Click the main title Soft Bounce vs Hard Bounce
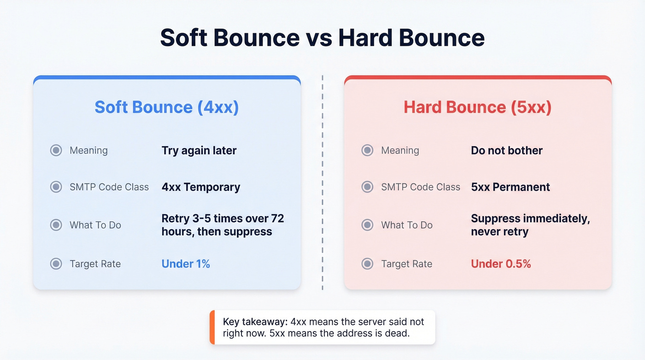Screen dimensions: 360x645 tap(322, 38)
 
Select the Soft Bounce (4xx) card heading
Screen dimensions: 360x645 tap(167, 107)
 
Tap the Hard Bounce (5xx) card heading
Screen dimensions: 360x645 tap(477, 107)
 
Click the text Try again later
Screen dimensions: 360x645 tap(199, 150)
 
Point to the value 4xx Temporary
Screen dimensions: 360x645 tap(201, 187)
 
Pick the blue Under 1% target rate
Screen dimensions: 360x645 tap(186, 264)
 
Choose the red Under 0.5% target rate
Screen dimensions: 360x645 tap(501, 264)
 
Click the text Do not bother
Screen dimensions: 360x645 tap(507, 150)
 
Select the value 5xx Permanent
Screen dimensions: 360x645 tap(510, 187)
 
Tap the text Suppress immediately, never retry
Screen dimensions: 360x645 tap(530, 225)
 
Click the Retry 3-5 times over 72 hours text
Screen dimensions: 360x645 tap(223, 225)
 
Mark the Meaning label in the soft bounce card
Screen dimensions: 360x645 tap(88, 150)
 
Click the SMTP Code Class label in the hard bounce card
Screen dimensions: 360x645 tap(421, 187)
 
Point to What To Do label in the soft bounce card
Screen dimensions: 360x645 tap(95, 225)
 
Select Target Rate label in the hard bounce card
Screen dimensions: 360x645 tap(407, 264)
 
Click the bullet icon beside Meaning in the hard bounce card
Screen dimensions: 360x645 tap(367, 150)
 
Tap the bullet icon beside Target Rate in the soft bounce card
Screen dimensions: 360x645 tap(56, 264)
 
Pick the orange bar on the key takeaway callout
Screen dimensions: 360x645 tap(212, 327)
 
